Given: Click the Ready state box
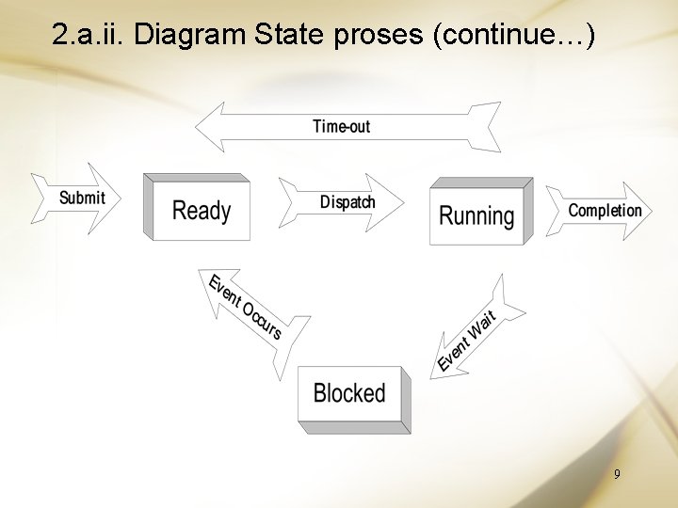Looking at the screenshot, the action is (201, 210).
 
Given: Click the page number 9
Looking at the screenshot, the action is (617, 475).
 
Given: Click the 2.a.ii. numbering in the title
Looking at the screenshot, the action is (90, 36).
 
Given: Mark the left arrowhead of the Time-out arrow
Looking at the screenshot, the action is (209, 127).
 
